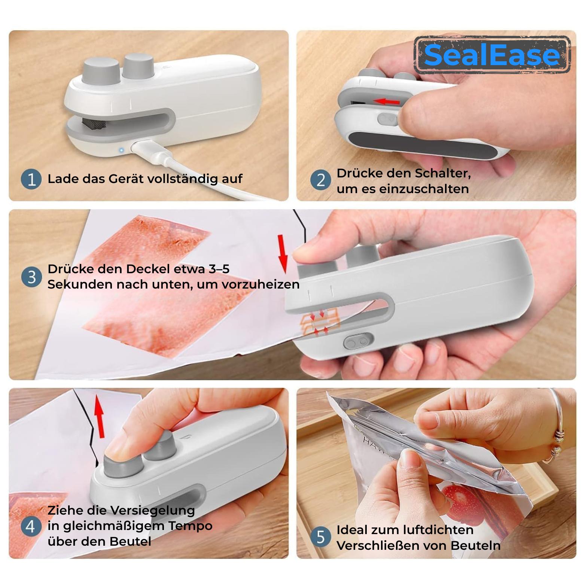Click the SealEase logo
coord(492,55)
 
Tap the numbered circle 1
coord(31,179)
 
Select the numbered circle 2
coord(321,180)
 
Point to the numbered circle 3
coord(31,277)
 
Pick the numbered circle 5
coord(321,537)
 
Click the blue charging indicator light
coord(121,150)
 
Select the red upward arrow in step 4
coord(99,416)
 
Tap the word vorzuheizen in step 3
coord(260,284)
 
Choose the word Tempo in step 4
coord(190,526)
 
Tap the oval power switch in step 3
coord(359,341)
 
